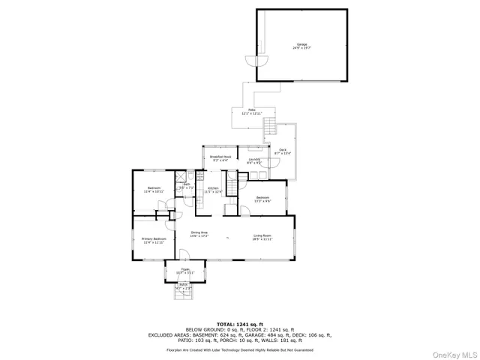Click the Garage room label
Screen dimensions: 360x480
(x=301, y=46)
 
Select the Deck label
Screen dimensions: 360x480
(x=283, y=150)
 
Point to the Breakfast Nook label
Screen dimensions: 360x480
(x=220, y=157)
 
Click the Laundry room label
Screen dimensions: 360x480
(x=254, y=159)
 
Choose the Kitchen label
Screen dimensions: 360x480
(x=213, y=187)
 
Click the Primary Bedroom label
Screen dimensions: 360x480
(x=153, y=239)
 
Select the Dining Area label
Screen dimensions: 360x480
(x=199, y=233)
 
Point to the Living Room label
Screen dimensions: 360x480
(x=262, y=236)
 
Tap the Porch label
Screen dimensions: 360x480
(x=184, y=284)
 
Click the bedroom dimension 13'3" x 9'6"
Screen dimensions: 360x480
(x=262, y=201)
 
